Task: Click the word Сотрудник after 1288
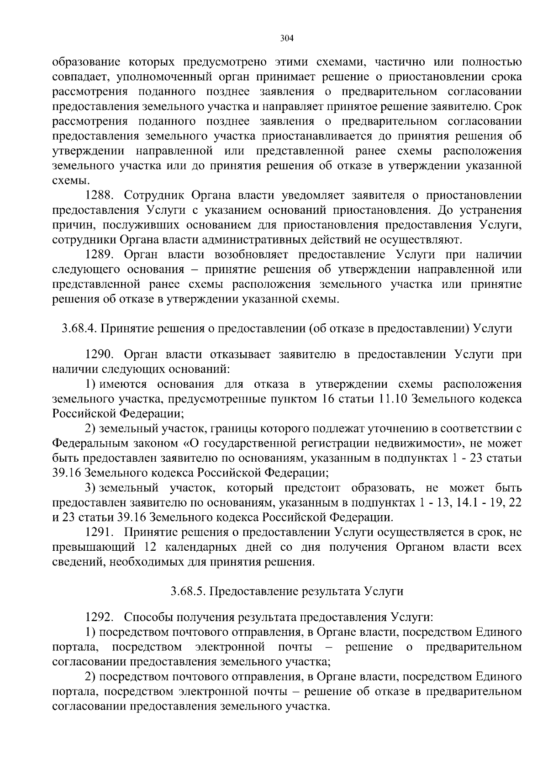153,195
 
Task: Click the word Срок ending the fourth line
508,106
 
